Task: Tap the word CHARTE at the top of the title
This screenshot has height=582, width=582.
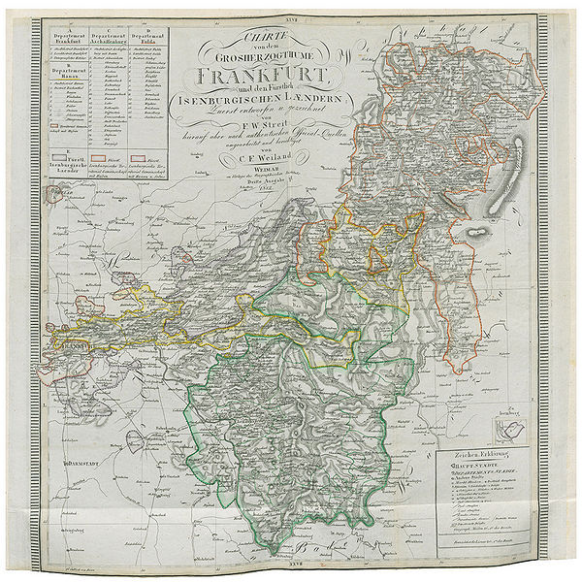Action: [255, 36]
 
